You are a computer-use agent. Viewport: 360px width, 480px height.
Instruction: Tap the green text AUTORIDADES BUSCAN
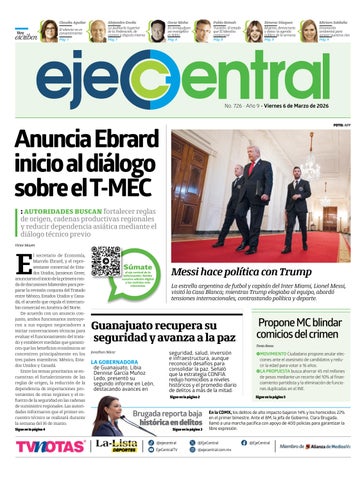[x=59, y=213]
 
